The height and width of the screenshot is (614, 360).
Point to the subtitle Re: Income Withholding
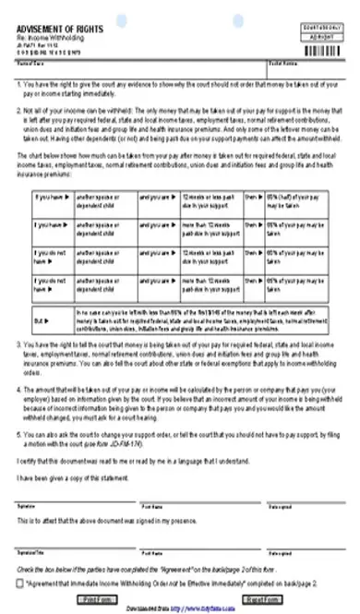click(46, 40)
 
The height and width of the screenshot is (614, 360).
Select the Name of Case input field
click(148, 69)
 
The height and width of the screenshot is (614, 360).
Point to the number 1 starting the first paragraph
click(18, 83)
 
